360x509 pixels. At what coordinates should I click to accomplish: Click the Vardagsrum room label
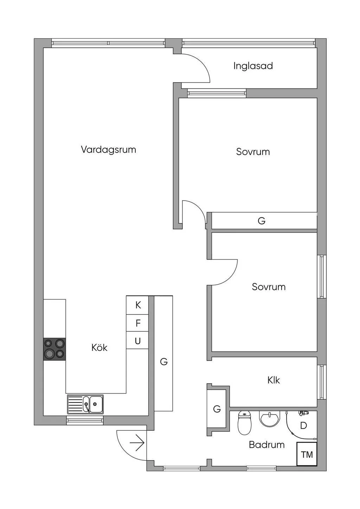click(109, 150)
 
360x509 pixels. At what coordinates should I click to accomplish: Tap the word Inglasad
click(253, 66)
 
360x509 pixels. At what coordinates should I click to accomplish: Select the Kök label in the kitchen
click(99, 347)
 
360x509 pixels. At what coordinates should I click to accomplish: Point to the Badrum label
click(266, 445)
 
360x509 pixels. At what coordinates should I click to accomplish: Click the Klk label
click(274, 380)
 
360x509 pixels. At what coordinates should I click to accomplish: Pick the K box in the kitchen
click(137, 305)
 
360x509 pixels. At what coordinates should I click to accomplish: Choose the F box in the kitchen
click(137, 323)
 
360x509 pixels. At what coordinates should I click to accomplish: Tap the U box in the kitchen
click(137, 340)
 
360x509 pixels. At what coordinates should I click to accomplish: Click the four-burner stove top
click(54, 349)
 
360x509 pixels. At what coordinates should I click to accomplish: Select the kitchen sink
click(85, 404)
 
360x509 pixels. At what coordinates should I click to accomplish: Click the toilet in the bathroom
click(244, 423)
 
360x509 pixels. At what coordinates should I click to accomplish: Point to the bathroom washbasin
click(270, 419)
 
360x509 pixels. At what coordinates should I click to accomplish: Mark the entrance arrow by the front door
click(137, 443)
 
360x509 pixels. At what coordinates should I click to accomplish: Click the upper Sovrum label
click(253, 152)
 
